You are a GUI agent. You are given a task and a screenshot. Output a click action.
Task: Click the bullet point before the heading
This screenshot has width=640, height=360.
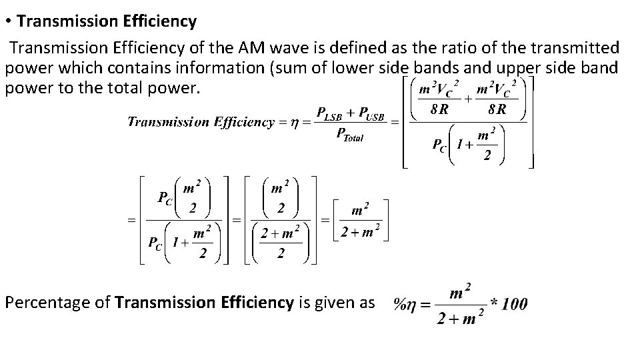(x=8, y=22)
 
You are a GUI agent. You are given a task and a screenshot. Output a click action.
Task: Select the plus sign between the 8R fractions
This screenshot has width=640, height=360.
(x=468, y=98)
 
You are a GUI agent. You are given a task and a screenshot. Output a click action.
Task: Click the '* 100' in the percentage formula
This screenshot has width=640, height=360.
(x=508, y=304)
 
